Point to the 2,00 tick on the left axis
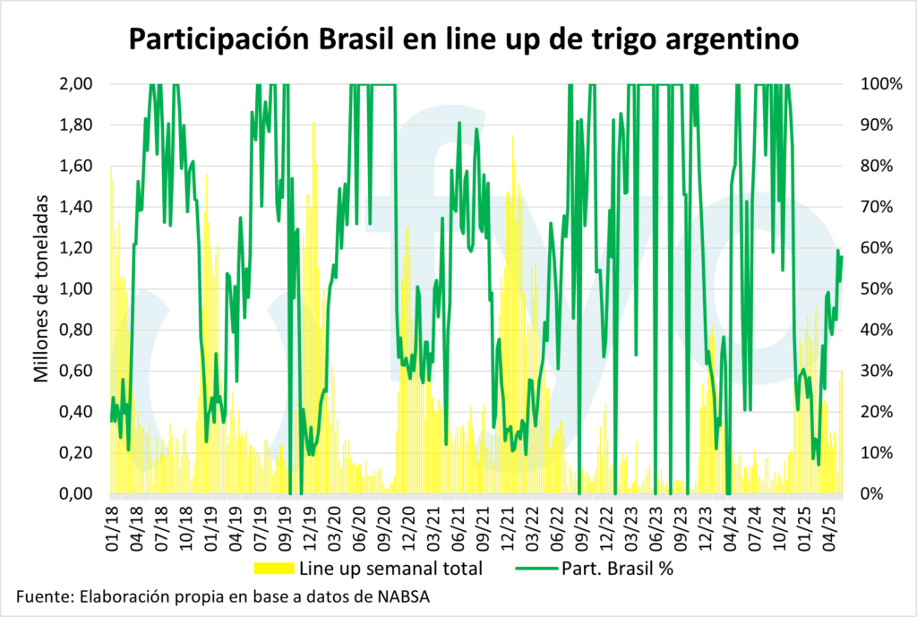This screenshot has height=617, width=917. point(76,84)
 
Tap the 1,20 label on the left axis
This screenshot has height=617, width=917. point(76,248)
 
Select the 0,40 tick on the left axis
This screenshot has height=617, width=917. point(76,412)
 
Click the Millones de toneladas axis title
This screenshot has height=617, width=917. point(41,289)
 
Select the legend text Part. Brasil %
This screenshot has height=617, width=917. point(623,568)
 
